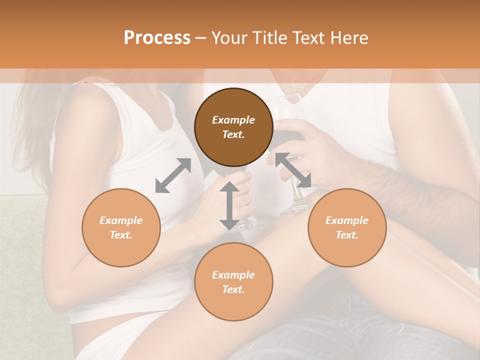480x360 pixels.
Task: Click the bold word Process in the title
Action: (157, 38)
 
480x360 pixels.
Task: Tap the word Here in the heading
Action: (348, 38)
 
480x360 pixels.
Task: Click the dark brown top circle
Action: (233, 127)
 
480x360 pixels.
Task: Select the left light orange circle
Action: (121, 227)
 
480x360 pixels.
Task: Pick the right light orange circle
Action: (347, 227)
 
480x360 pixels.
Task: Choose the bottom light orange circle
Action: (233, 282)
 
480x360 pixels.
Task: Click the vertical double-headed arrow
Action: (229, 205)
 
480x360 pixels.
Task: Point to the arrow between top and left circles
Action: (173, 175)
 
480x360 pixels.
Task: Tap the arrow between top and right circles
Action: (293, 170)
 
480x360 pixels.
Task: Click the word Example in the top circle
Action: (233, 120)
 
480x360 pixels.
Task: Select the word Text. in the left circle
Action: (121, 235)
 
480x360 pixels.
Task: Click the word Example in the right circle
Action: (347, 220)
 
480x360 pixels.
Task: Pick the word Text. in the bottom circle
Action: (233, 289)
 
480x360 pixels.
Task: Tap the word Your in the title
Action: (229, 38)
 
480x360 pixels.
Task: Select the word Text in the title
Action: (309, 38)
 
